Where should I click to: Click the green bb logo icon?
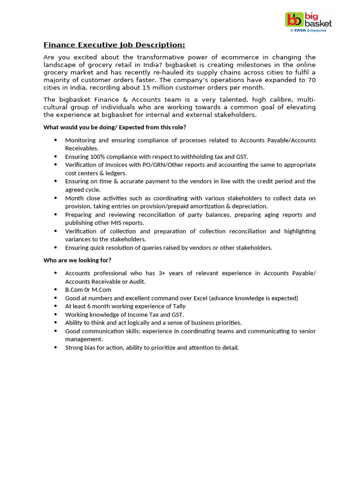(294, 20)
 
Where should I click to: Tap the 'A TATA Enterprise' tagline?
(308, 30)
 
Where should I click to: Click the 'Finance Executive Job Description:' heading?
(114, 45)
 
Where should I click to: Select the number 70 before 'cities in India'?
(311, 80)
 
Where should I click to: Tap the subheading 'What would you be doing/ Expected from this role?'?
(115, 127)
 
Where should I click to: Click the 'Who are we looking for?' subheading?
(77, 260)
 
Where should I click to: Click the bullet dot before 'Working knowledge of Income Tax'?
(56, 315)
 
